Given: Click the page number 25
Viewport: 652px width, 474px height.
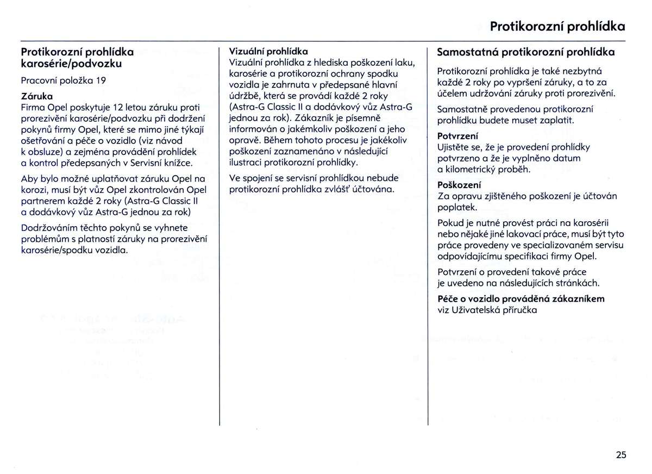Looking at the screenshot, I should coord(621,440).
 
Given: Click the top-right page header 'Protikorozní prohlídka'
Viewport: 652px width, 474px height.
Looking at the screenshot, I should coord(557,27).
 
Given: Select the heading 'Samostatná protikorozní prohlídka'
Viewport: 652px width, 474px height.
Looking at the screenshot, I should coord(526,53).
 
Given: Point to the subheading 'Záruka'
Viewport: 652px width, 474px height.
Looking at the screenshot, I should coord(33,95).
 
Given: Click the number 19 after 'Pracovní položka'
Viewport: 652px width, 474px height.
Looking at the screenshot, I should coord(101,81).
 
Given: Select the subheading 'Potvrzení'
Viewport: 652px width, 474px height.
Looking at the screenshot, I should coord(457,136).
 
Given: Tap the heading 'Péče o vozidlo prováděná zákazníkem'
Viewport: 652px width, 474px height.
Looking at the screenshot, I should coord(521,298).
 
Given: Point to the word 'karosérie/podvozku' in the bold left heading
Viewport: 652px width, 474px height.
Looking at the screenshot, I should coord(71,64).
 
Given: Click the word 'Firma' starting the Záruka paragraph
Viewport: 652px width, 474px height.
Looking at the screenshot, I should coord(32,105).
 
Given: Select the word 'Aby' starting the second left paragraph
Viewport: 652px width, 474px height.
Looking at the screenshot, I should coord(29,178).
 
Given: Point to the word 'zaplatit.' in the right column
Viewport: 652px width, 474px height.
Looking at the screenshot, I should coord(555,120).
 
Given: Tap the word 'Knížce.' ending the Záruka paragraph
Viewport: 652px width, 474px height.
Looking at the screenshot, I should coord(177,163).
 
